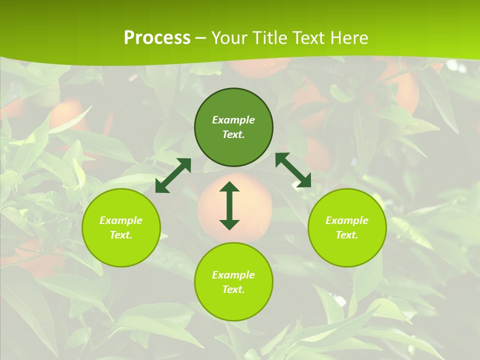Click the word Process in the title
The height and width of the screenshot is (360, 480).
(157, 38)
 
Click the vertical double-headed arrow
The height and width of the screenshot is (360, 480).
(229, 205)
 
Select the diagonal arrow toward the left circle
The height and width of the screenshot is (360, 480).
(173, 175)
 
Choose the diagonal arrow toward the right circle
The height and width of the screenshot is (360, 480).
(293, 170)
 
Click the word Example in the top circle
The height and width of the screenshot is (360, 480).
(233, 120)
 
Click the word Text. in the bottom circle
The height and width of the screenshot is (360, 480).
(233, 289)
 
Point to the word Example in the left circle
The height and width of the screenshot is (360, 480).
(121, 220)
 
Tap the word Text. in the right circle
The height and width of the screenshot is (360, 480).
(347, 235)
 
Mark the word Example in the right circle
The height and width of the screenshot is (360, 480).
(347, 220)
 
